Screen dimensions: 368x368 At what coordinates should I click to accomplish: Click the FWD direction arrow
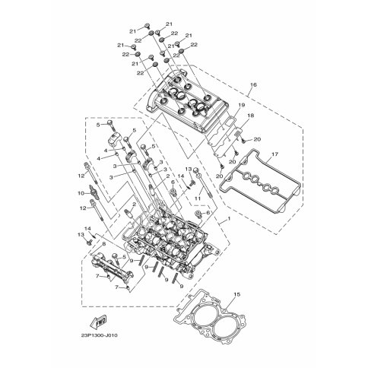[98, 322]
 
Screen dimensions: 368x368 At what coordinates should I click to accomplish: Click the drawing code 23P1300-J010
[100, 335]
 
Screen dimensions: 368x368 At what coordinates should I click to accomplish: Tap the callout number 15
[236, 294]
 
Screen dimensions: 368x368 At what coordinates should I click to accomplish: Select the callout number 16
[253, 84]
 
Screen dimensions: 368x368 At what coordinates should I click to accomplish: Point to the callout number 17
[275, 154]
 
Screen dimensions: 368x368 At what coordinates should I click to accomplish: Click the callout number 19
[241, 105]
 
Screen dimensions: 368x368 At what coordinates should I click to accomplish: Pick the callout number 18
[251, 116]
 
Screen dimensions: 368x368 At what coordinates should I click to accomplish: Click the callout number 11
[198, 198]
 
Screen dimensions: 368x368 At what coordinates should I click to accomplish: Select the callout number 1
[229, 218]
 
